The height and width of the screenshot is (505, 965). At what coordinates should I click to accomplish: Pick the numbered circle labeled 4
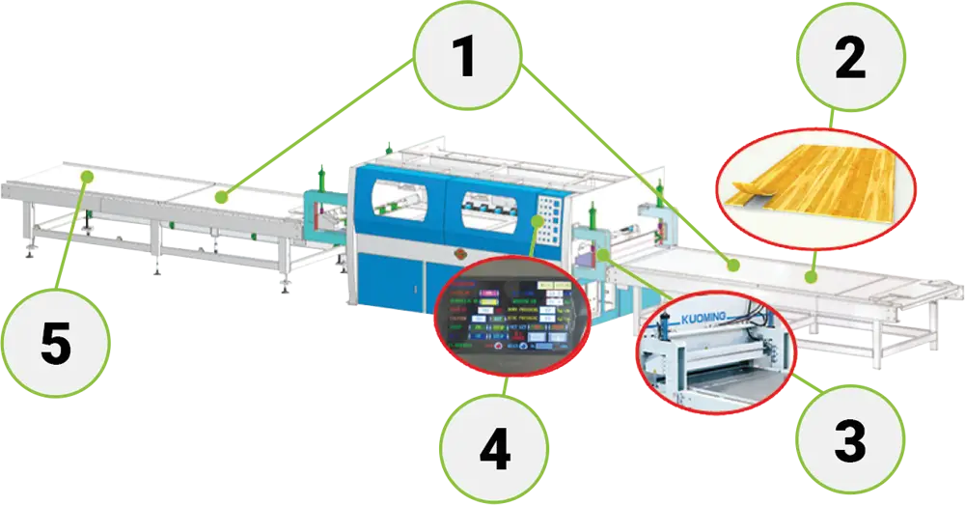(x=494, y=449)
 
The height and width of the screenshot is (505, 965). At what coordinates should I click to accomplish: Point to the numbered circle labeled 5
(x=55, y=344)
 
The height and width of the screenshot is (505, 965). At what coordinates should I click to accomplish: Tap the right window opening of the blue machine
(x=493, y=204)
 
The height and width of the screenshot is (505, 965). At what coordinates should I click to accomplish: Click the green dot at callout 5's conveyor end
(x=87, y=177)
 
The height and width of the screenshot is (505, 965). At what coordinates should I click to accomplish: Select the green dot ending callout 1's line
(x=221, y=198)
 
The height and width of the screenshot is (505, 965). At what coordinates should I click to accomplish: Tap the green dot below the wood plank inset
(x=811, y=277)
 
